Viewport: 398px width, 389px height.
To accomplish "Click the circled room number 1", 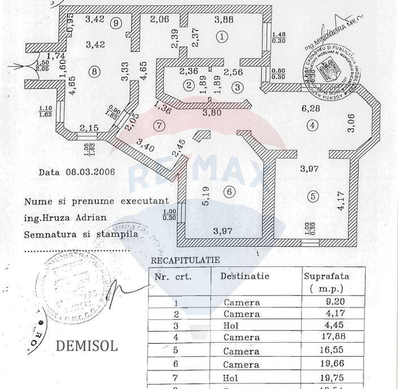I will point(223,37).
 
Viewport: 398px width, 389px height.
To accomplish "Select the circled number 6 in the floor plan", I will point(229,192).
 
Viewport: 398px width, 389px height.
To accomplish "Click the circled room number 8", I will point(94,71).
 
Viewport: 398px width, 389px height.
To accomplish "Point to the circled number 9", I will point(116,23).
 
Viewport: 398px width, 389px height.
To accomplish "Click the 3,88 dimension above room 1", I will point(225,20).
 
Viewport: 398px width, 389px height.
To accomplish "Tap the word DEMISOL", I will point(86,346).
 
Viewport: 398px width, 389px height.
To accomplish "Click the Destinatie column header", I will point(245,276).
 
